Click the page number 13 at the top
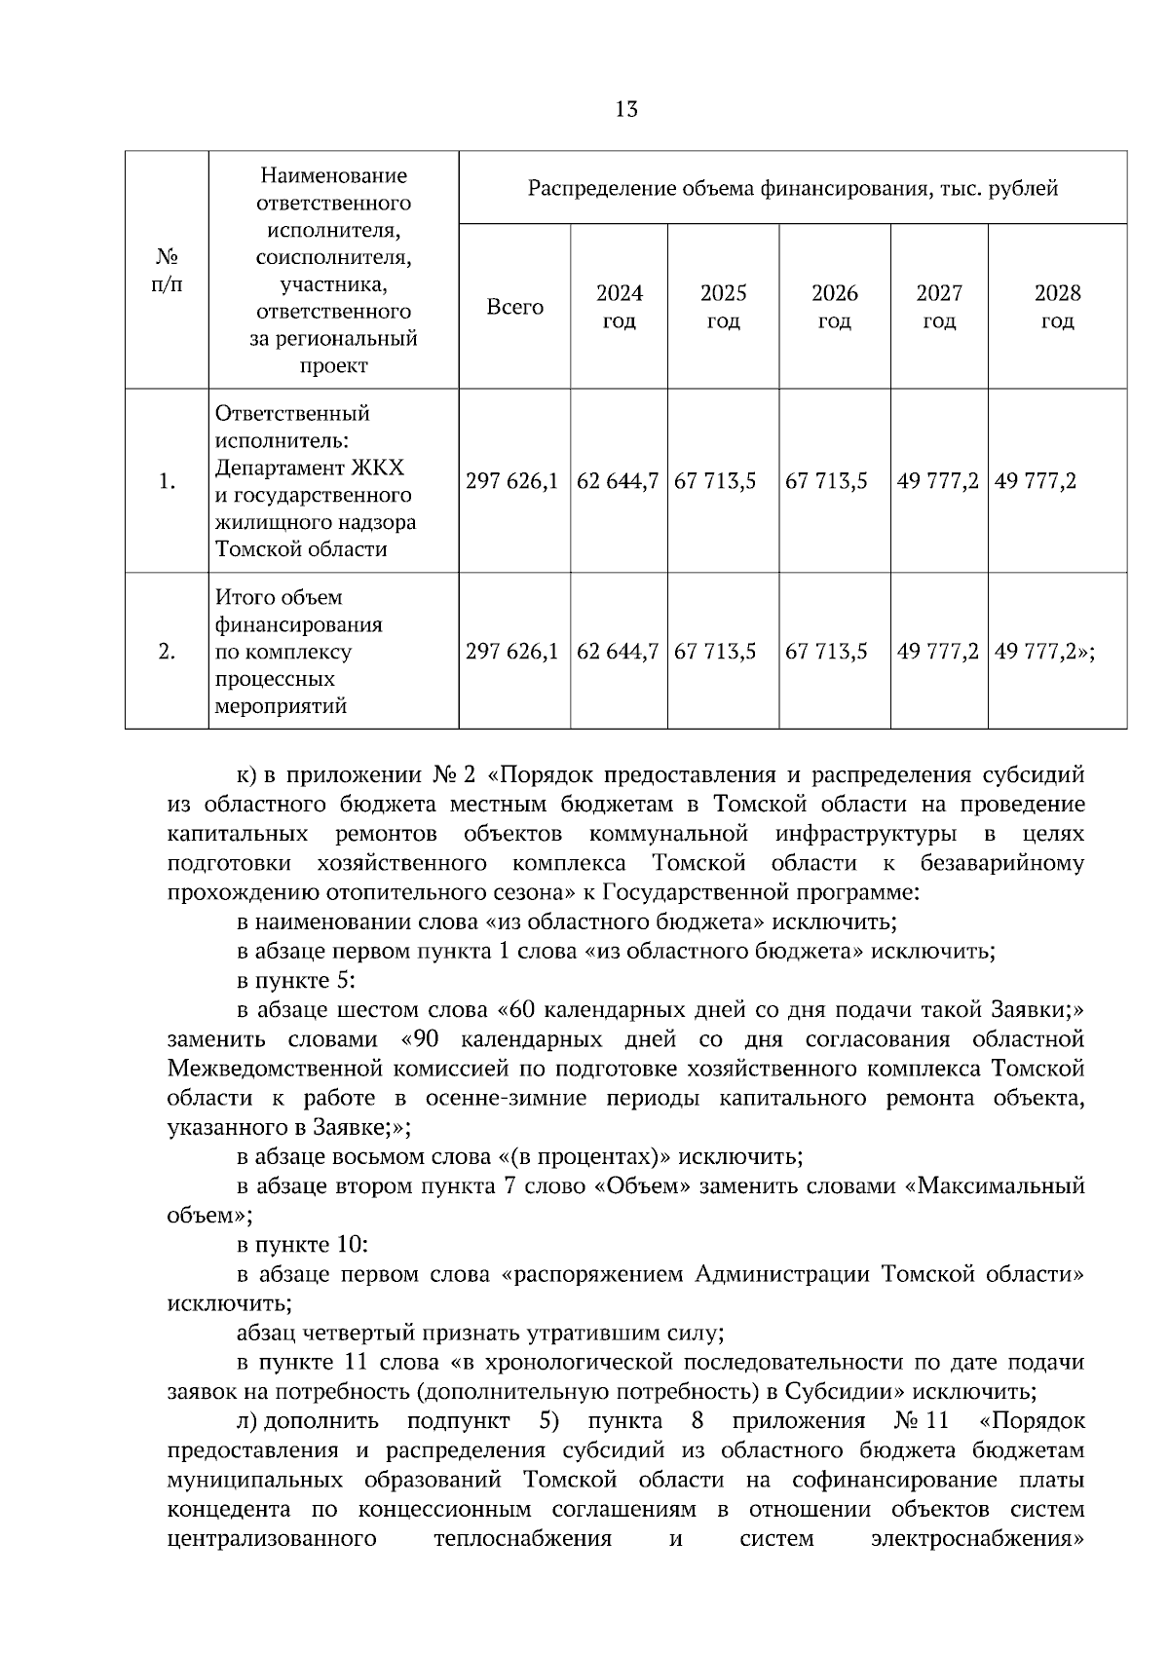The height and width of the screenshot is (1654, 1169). click(626, 109)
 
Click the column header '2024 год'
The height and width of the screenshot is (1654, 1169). click(619, 307)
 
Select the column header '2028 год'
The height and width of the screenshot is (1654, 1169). click(1057, 307)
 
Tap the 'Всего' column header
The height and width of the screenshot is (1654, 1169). click(514, 307)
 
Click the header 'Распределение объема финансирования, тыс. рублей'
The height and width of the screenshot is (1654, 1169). click(792, 188)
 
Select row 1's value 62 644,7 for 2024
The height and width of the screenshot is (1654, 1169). click(618, 481)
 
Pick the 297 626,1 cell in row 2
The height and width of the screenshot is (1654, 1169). click(512, 651)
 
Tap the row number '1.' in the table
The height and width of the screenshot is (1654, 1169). click(167, 481)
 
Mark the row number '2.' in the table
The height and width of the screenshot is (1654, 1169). click(167, 651)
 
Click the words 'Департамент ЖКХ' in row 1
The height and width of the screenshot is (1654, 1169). click(309, 467)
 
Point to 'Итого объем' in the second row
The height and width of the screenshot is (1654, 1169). click(279, 597)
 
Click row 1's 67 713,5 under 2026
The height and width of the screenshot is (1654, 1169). click(826, 481)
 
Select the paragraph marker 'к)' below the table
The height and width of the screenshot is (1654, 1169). click(247, 775)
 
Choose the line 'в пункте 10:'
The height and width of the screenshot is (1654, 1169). click(302, 1244)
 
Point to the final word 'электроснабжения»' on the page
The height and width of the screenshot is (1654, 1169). click(977, 1539)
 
